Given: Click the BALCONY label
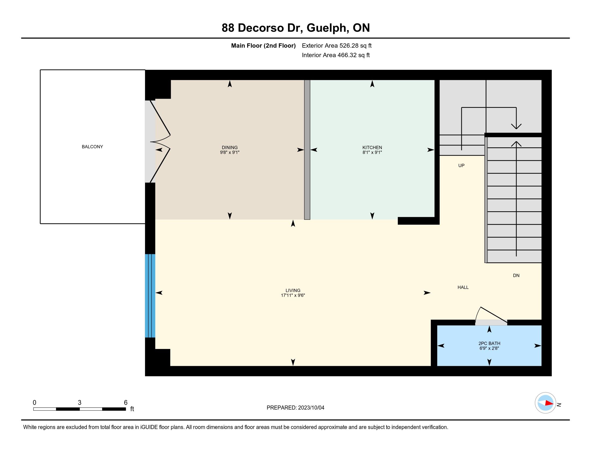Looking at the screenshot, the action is (92, 147).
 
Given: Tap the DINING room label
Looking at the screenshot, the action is (230, 148).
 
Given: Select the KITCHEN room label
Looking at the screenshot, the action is (372, 148).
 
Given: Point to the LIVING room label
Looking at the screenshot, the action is (293, 291).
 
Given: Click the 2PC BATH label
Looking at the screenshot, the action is (489, 344).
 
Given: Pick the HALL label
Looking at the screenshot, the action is (463, 288).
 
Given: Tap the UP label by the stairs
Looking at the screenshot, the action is (461, 166).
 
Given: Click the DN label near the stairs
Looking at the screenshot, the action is (516, 276).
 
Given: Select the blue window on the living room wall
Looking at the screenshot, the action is (150, 296).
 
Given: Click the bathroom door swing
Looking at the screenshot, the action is (491, 315).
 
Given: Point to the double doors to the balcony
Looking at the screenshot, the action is (160, 142).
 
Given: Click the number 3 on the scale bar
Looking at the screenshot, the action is (80, 403).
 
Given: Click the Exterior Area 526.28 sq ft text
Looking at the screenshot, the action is (337, 46).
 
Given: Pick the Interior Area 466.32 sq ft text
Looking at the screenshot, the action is (336, 55).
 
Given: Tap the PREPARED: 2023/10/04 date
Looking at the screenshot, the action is (295, 408).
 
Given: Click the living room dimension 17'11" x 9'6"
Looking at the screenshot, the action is (293, 295).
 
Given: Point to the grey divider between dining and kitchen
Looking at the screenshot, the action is (307, 150).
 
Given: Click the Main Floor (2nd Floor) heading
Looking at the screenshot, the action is (263, 46).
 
